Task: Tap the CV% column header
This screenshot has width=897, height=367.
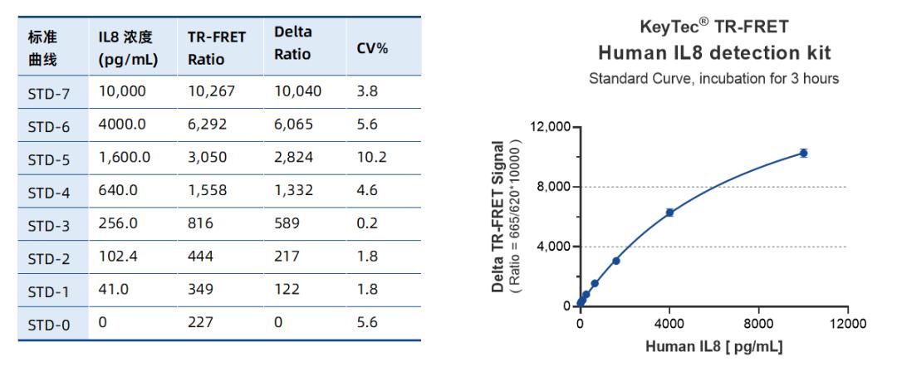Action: (372, 48)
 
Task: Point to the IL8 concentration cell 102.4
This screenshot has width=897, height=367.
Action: (115, 257)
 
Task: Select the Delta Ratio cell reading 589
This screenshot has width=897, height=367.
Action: (286, 224)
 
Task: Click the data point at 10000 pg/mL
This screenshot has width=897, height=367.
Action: (803, 153)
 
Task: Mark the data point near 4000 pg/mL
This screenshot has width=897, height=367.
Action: (669, 213)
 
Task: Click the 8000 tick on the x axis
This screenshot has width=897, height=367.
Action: (758, 322)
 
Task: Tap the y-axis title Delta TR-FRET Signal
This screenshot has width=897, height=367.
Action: (498, 216)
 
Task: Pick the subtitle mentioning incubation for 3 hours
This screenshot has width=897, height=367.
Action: (714, 80)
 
